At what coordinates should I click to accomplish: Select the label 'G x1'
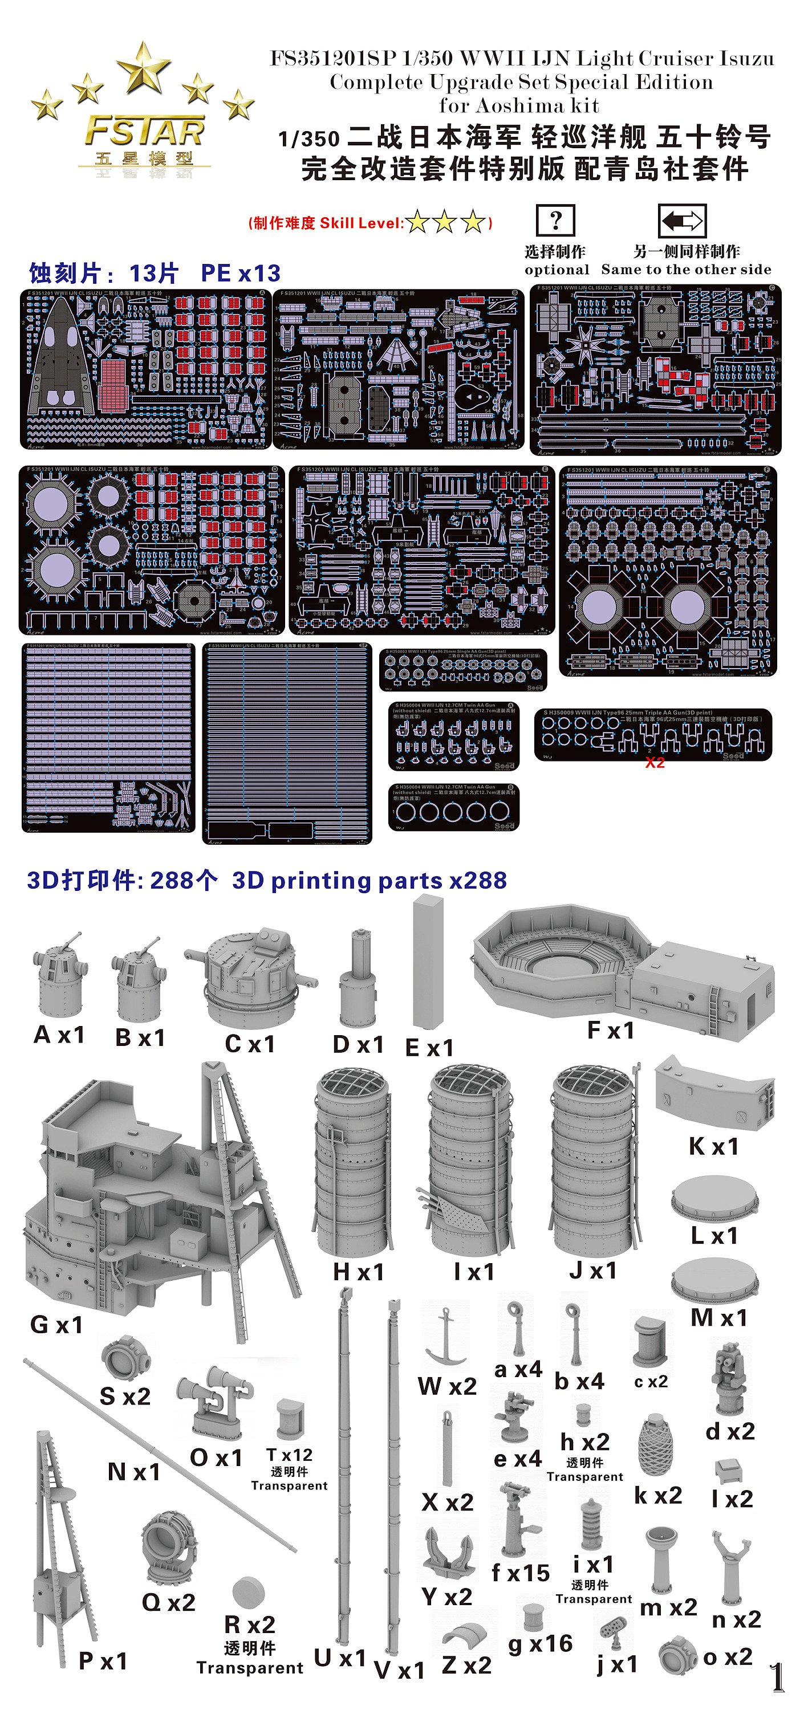(x=56, y=1324)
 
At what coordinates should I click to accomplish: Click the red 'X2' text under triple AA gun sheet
(x=655, y=763)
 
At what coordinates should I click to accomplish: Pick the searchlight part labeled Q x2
(x=169, y=1547)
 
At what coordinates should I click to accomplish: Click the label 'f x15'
(x=520, y=1573)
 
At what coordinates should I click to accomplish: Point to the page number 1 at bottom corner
(x=777, y=1677)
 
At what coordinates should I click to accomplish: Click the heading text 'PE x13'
(x=240, y=273)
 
